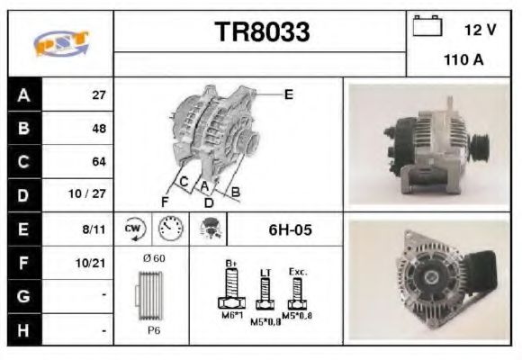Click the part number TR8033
coord(261,32)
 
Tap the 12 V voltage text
coord(480,31)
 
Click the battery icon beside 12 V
coord(426,28)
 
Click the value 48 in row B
coord(99,128)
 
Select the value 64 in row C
coord(99,162)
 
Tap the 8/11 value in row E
coord(94,229)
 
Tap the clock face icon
coord(168,229)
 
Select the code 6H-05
coord(290,229)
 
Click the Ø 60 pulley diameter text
coord(153,259)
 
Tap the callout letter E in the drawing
coord(288,94)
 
